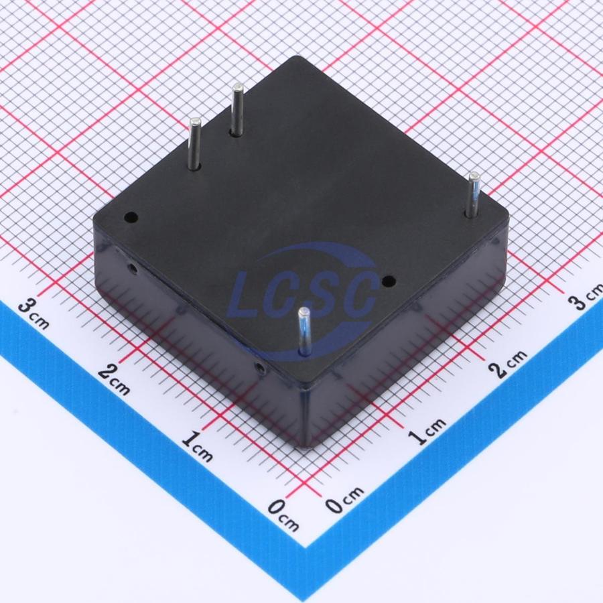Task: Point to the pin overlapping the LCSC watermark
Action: [304, 332]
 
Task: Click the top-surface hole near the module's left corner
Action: [131, 217]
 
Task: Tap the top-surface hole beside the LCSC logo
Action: [389, 282]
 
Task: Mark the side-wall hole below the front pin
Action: [261, 368]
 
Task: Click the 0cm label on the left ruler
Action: [283, 516]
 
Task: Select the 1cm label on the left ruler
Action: [197, 446]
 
